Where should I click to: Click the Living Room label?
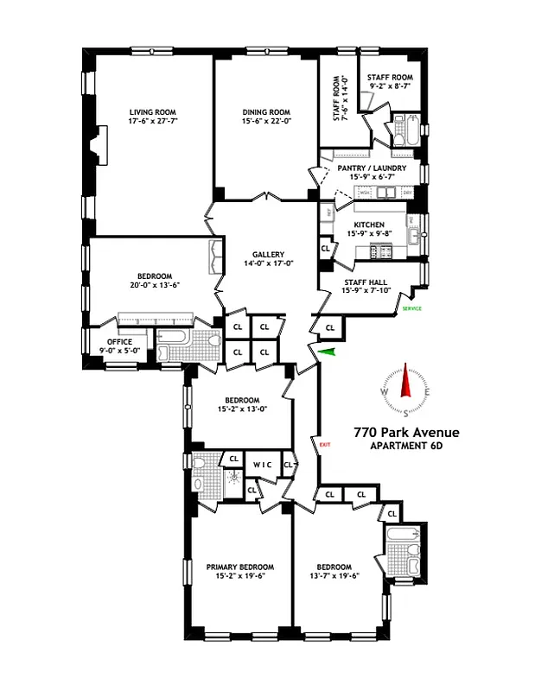coord(151,112)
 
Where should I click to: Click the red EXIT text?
coord(325,445)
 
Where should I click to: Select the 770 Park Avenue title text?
coord(406,433)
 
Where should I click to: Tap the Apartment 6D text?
coord(406,447)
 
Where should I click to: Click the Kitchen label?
coord(370,224)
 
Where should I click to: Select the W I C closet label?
coord(263,466)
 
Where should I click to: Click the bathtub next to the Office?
coord(174,346)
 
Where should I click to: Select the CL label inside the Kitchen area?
coord(326,249)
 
